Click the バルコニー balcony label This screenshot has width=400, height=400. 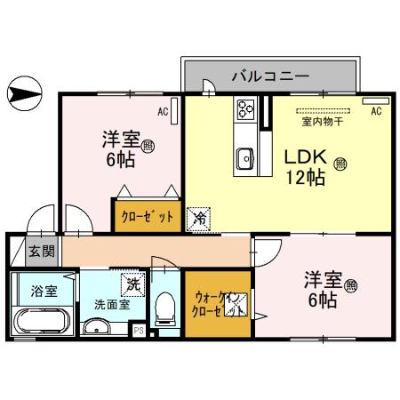click(x=269, y=75)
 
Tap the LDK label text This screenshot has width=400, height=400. click(x=302, y=157)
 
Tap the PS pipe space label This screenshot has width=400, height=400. click(x=139, y=331)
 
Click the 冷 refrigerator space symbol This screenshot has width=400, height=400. click(x=200, y=216)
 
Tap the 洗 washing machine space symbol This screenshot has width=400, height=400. click(x=132, y=284)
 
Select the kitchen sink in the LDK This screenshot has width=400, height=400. click(x=246, y=158)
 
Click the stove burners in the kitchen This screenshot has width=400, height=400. click(x=246, y=110)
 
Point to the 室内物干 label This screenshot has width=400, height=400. click(x=320, y=121)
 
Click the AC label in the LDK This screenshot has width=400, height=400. click(x=376, y=112)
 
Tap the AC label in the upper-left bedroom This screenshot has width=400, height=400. click(x=163, y=113)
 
